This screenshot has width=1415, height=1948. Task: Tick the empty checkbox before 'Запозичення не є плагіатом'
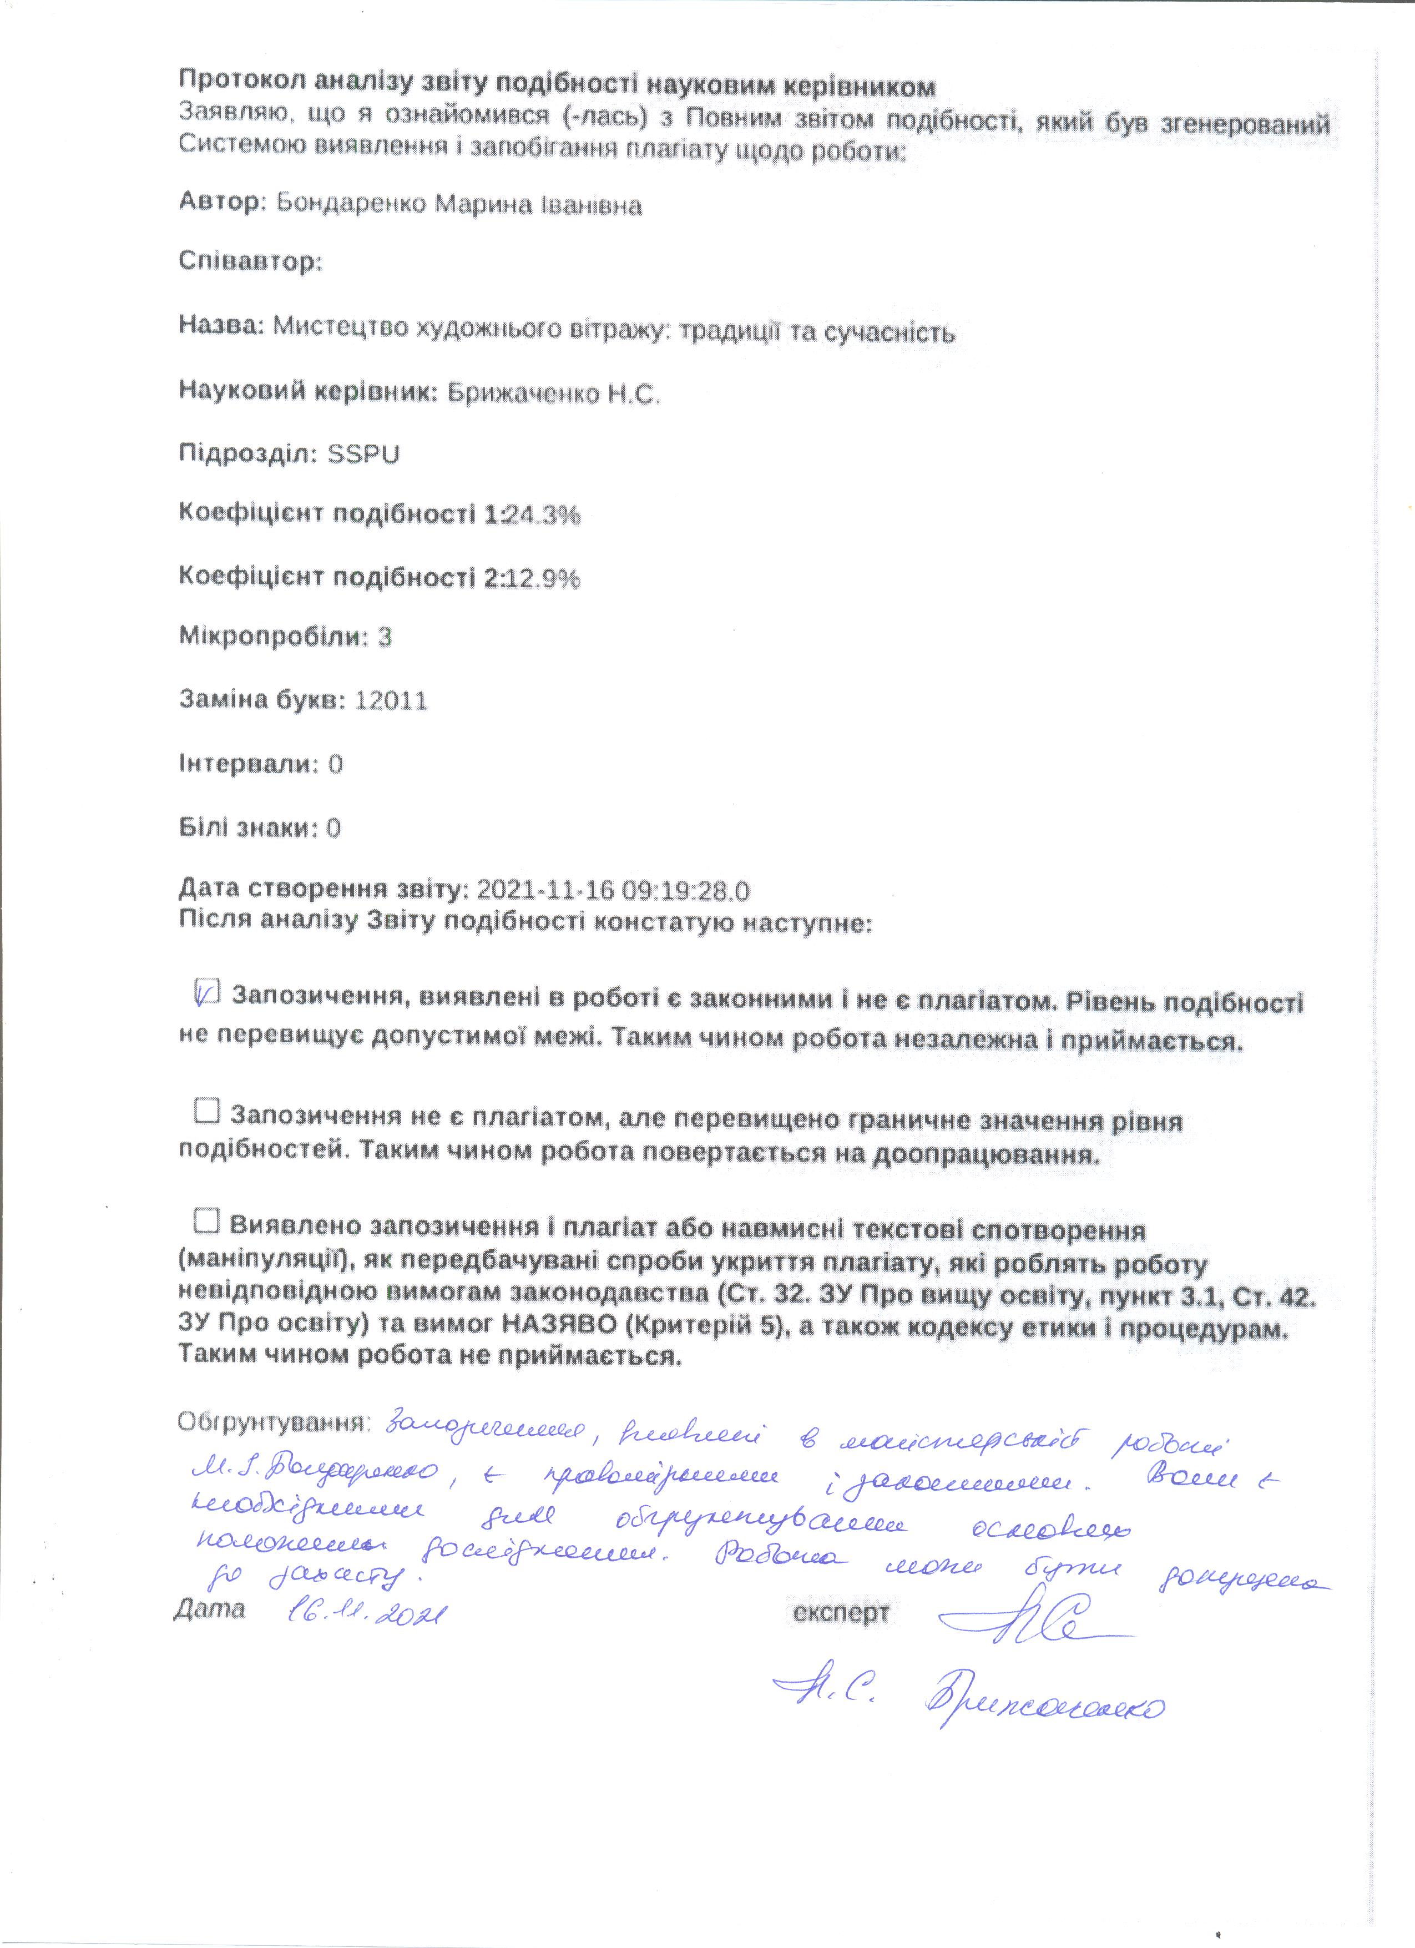(x=207, y=1112)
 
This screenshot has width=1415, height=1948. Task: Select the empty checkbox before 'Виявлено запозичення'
(x=207, y=1220)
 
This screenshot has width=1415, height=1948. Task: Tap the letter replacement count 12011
(x=391, y=702)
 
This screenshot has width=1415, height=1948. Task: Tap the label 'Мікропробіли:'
(x=273, y=637)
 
